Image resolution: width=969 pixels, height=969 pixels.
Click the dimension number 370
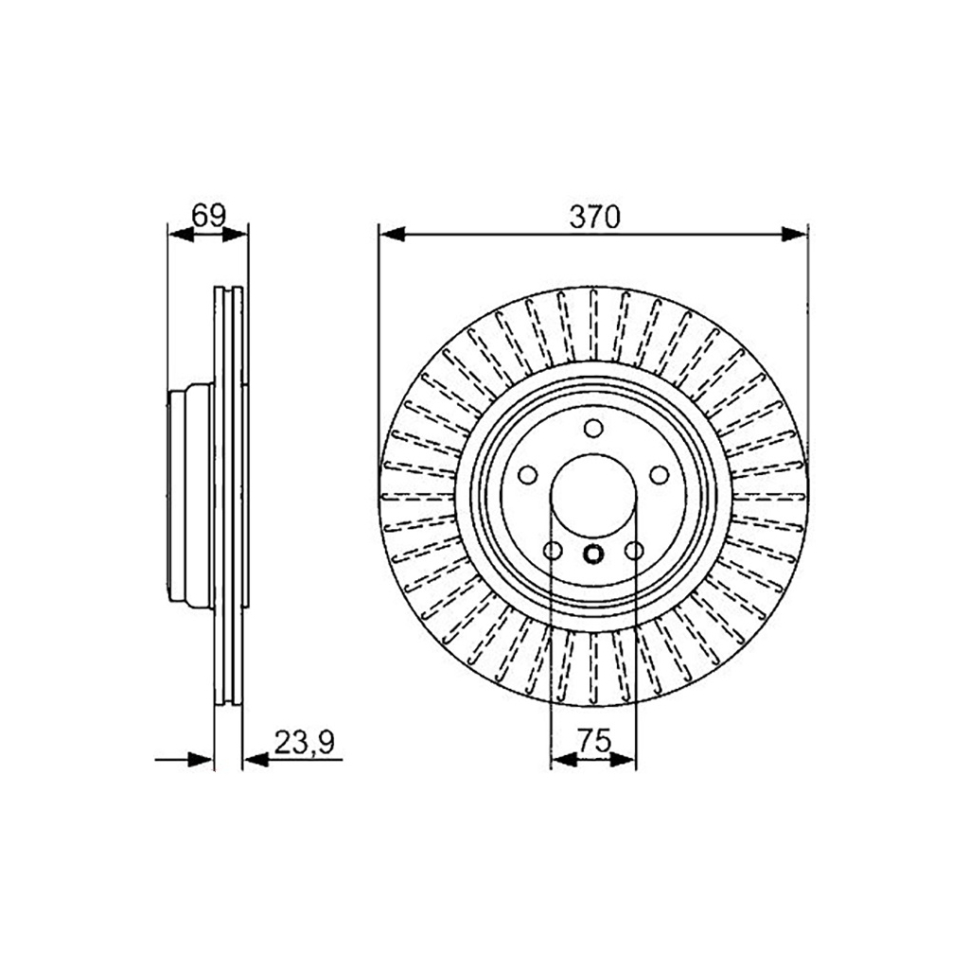click(x=594, y=218)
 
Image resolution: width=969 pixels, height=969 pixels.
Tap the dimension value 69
click(x=209, y=216)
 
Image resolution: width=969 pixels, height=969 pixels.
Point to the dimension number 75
click(x=593, y=740)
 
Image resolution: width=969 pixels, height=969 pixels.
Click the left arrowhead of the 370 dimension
click(x=392, y=235)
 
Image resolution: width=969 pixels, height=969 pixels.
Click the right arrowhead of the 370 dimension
click(x=794, y=235)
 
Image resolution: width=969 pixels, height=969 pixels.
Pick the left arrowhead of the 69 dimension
click(x=181, y=235)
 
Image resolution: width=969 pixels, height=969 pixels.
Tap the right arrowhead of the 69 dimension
click(x=235, y=235)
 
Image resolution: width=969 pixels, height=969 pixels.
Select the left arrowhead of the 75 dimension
click(x=563, y=760)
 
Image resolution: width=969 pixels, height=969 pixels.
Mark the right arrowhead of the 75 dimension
click(x=623, y=760)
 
